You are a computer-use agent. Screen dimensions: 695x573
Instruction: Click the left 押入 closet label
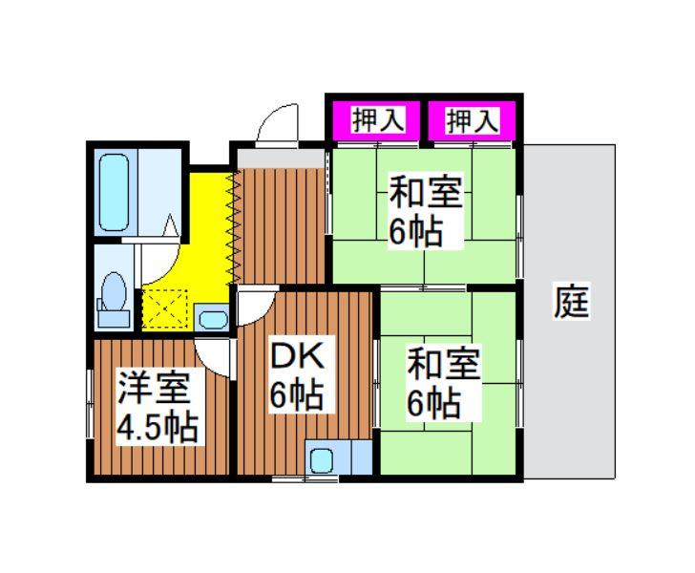[378, 120]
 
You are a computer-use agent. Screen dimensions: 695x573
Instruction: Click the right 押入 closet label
[473, 120]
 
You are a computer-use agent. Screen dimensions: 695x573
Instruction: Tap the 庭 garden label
[572, 302]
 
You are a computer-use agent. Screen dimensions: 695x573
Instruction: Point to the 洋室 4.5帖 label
[158, 407]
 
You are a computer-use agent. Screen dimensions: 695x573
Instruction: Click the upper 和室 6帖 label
[426, 211]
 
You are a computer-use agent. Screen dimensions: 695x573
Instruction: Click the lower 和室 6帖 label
[443, 383]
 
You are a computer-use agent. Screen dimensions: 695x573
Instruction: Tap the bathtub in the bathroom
[114, 192]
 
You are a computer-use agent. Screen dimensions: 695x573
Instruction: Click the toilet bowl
[114, 292]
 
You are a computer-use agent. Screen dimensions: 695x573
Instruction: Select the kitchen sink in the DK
[322, 461]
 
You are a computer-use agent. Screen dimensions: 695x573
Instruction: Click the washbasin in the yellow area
[213, 319]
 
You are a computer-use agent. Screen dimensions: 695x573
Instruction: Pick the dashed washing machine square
[165, 308]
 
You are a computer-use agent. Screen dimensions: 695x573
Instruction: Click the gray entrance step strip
[282, 159]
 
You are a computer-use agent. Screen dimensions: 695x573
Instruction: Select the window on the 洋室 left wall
[90, 404]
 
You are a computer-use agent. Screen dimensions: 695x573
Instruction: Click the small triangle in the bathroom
[171, 225]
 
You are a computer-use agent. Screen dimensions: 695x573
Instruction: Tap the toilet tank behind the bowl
[114, 318]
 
